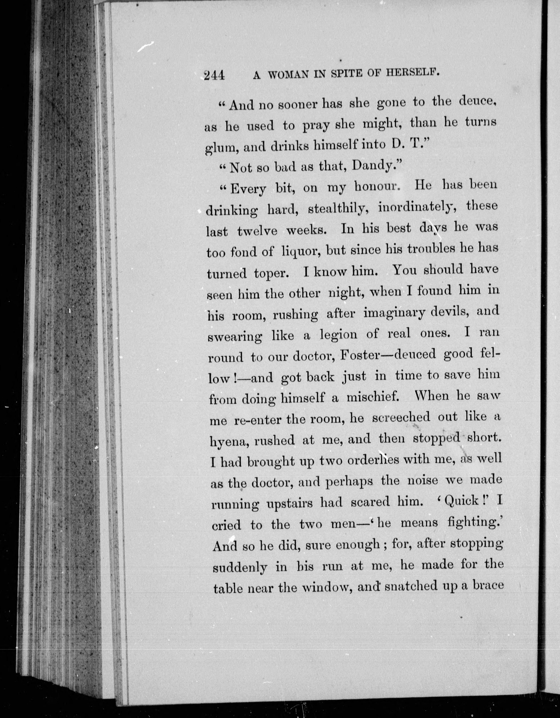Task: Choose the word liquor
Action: [x=300, y=252]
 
